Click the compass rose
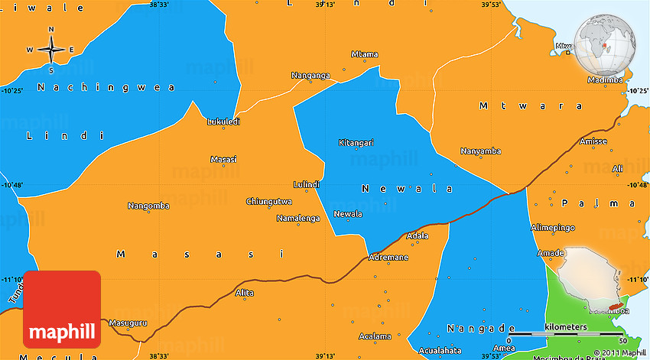[51, 50]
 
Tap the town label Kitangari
[356, 143]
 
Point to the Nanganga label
[310, 75]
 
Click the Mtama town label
[364, 54]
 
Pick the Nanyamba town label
[480, 151]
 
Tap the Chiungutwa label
[268, 202]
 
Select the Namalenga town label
[297, 219]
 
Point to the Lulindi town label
[306, 184]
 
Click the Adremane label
[388, 258]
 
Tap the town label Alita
[244, 293]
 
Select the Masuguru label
[127, 323]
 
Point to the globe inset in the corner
[605, 44]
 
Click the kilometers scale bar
[566, 334]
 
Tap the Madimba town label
[605, 80]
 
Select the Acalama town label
[375, 336]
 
